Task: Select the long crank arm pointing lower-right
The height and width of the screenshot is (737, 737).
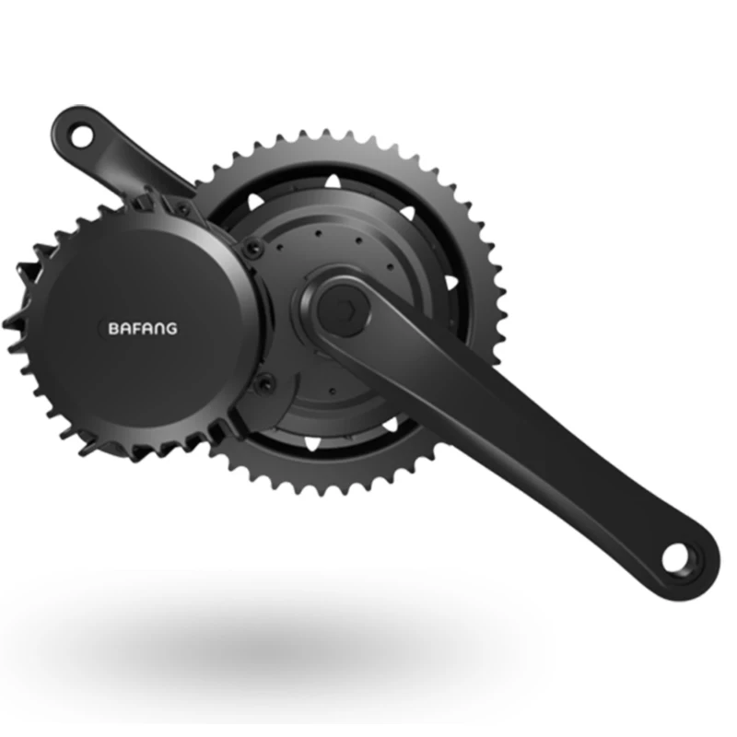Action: (516, 433)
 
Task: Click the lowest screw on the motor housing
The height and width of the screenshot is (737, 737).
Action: (269, 381)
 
